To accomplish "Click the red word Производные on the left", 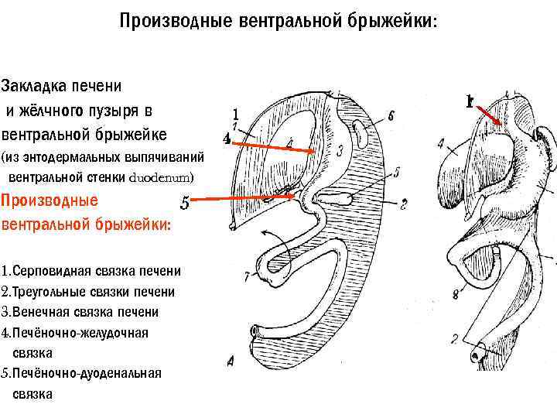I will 50,200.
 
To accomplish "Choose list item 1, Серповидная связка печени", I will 92,271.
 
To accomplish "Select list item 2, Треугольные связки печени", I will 88,292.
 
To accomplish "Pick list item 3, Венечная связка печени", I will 80,312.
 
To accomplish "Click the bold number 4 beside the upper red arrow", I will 226,139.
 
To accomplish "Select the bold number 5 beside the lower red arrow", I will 183,204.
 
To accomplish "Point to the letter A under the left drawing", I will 231,359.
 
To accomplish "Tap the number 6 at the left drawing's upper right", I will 391,115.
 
